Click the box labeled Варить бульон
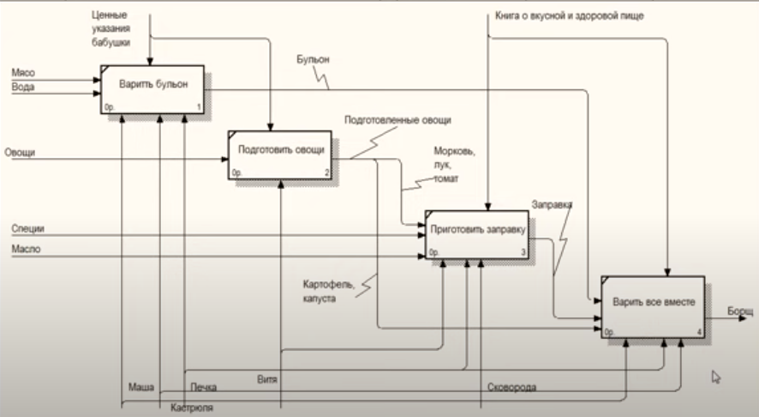152,89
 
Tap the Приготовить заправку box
477,233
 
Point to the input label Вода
23,88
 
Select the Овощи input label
19,153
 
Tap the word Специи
27,228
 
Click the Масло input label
26,249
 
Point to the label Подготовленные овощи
397,121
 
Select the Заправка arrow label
552,205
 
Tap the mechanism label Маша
140,387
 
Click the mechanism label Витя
268,378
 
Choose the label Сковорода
512,388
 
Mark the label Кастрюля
192,407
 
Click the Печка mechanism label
203,388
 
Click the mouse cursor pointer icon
716,376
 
